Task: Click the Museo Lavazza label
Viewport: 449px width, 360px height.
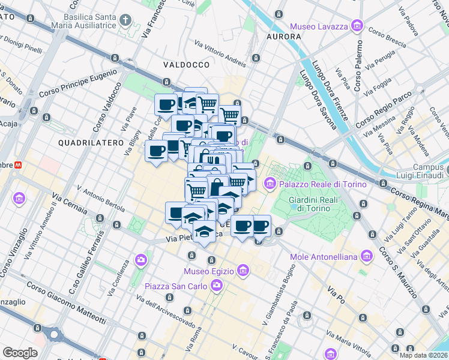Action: click(x=319, y=26)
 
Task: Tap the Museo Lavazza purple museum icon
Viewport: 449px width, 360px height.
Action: click(x=357, y=26)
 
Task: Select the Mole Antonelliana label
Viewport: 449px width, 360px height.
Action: click(x=324, y=257)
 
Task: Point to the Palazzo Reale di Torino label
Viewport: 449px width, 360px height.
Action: click(x=322, y=184)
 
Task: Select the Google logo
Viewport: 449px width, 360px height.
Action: click(x=20, y=353)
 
